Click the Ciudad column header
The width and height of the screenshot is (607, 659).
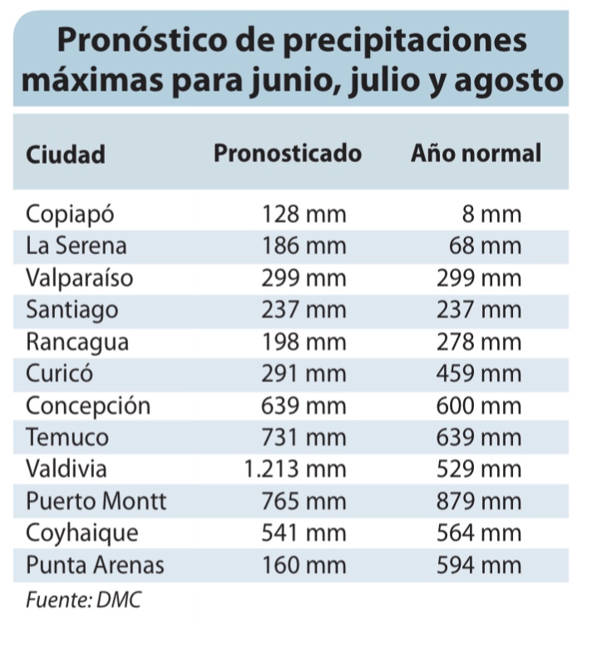(66, 155)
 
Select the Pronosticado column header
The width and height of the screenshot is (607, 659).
(288, 154)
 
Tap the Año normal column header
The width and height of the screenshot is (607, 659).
(476, 154)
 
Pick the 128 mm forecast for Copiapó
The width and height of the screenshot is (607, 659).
(303, 215)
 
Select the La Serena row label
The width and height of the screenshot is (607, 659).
(76, 247)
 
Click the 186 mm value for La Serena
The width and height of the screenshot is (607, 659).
(303, 247)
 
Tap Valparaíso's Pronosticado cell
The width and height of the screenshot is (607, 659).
(303, 278)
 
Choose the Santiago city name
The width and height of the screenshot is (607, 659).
(72, 311)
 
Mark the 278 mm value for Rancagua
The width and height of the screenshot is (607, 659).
(479, 342)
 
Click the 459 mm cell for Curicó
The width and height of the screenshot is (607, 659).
(479, 374)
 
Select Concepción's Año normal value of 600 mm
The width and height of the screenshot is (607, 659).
(479, 406)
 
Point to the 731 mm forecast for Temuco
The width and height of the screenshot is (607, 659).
(303, 438)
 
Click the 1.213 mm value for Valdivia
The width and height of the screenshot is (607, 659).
(295, 470)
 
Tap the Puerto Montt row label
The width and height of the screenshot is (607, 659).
(96, 502)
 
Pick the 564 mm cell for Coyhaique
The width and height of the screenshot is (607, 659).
(479, 534)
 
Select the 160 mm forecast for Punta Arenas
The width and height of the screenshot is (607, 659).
(303, 566)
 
